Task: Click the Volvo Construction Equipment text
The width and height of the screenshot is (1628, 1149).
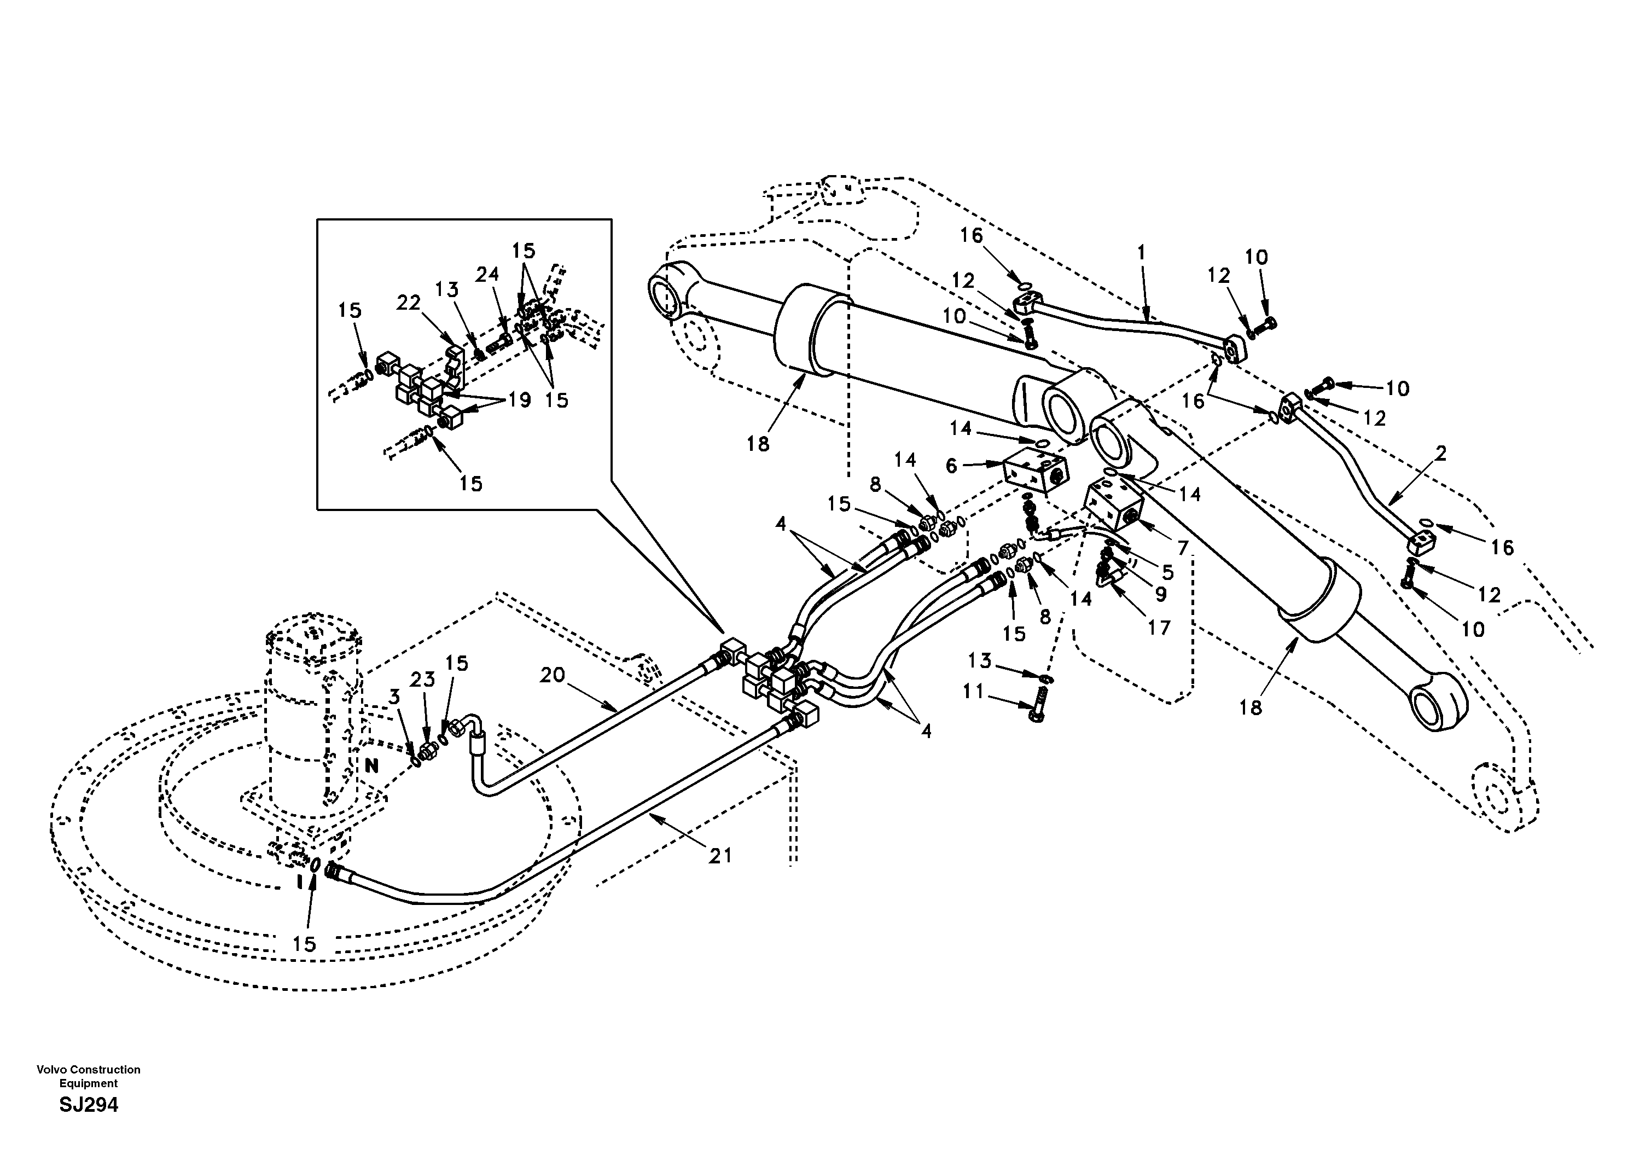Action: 89,1076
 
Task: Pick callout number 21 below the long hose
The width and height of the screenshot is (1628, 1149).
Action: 720,856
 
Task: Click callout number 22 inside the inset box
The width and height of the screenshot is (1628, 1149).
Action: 409,303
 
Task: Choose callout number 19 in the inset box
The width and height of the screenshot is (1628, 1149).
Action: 520,400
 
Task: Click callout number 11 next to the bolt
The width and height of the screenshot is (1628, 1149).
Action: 974,691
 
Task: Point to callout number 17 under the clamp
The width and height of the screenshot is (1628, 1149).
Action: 1159,627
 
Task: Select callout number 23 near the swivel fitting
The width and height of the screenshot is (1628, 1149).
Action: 423,680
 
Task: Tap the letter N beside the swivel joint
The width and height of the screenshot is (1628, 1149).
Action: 371,765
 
